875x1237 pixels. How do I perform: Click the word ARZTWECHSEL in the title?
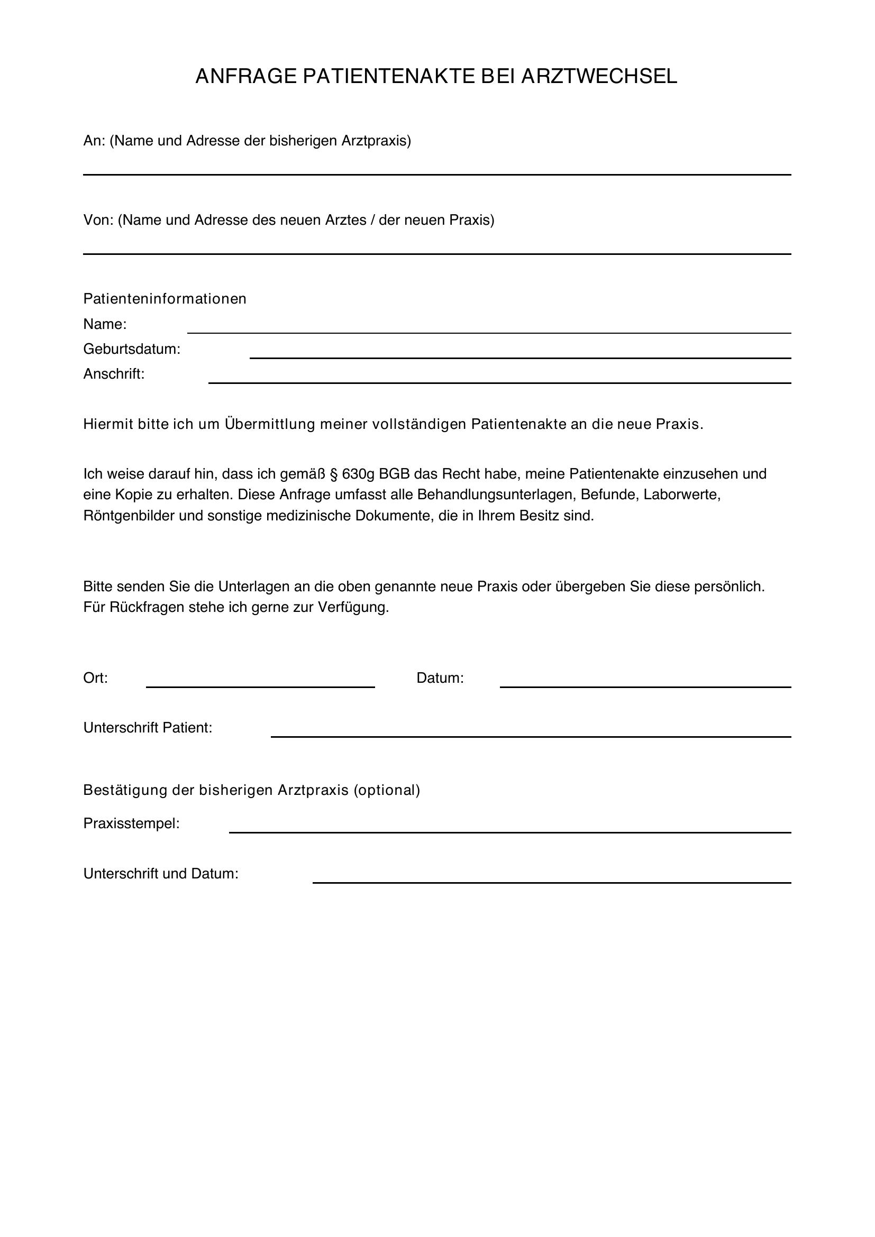pyautogui.click(x=599, y=77)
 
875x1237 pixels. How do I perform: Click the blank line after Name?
pyautogui.click(x=489, y=332)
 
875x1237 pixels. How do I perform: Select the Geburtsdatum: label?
pyautogui.click(x=132, y=349)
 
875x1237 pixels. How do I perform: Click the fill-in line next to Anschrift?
pyautogui.click(x=499, y=382)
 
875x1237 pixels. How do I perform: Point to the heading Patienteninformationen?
pyautogui.click(x=165, y=298)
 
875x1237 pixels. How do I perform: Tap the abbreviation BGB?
pyautogui.click(x=394, y=473)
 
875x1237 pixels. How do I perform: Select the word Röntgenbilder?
pyautogui.click(x=129, y=516)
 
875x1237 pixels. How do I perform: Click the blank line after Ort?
pyautogui.click(x=260, y=686)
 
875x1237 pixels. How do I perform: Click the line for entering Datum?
pyautogui.click(x=645, y=686)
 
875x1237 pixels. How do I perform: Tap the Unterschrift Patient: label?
pyautogui.click(x=148, y=728)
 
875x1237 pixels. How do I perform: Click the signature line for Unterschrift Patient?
pyautogui.click(x=531, y=736)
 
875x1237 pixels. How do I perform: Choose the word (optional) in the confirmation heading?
pyautogui.click(x=386, y=790)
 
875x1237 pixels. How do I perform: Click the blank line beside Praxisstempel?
pyautogui.click(x=509, y=832)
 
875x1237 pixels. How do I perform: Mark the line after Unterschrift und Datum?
pyautogui.click(x=552, y=882)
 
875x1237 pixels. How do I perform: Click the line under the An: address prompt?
pyautogui.click(x=436, y=174)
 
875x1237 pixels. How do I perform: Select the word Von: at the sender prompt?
pyautogui.click(x=98, y=220)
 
